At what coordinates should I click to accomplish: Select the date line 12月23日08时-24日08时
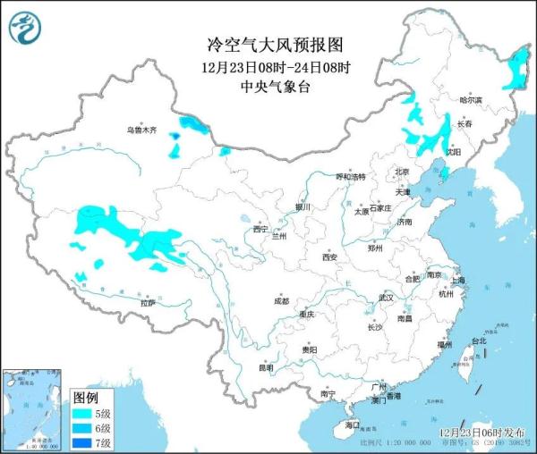(x=268, y=67)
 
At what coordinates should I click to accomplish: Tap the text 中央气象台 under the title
(x=268, y=87)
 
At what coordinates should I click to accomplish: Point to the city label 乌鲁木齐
(x=141, y=130)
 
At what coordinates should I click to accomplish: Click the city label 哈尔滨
(x=470, y=101)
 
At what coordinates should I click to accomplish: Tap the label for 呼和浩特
(x=350, y=177)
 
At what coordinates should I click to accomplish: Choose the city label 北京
(x=401, y=172)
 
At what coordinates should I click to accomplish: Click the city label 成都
(x=281, y=300)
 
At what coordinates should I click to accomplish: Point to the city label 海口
(x=352, y=425)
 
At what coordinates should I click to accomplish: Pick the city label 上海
(x=458, y=280)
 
